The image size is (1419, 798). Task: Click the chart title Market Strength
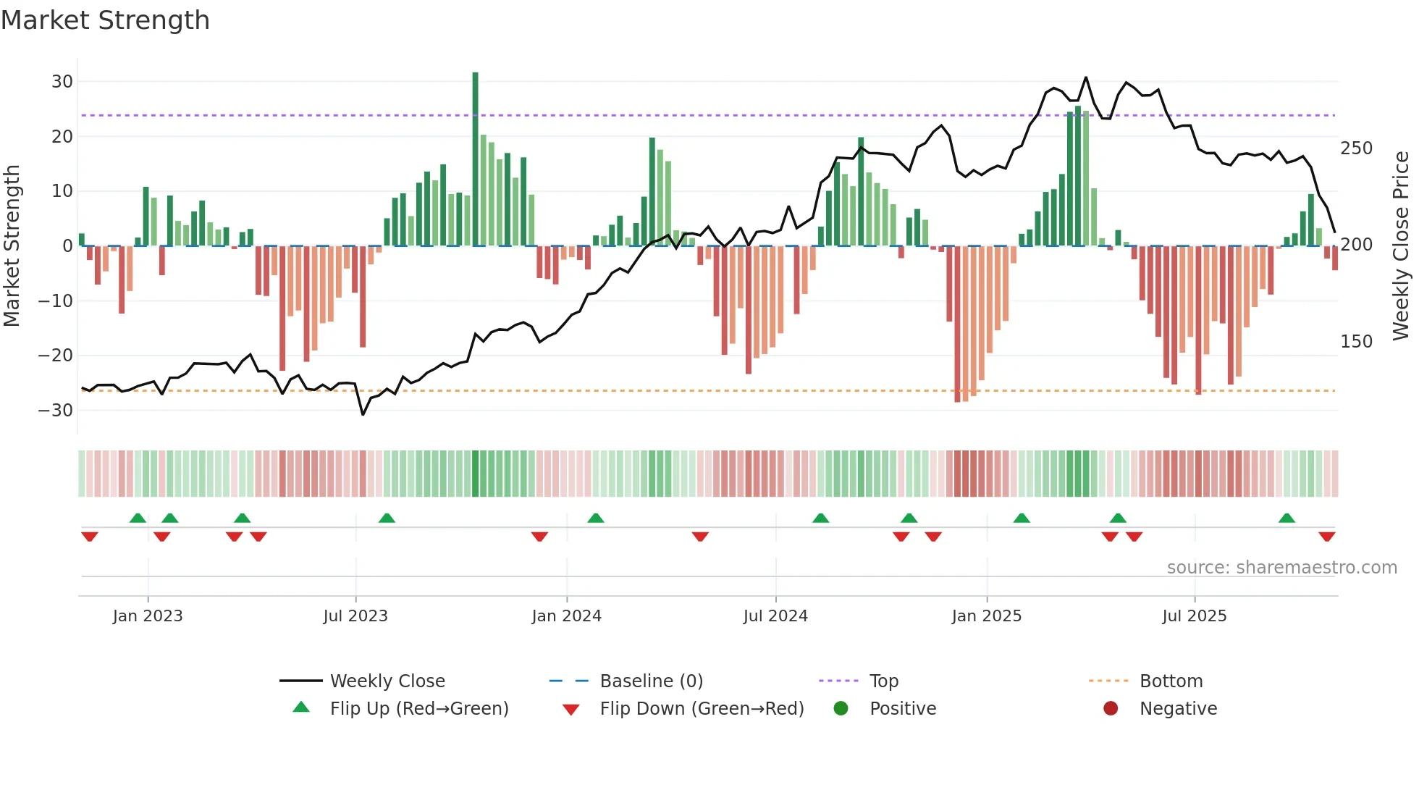coord(105,20)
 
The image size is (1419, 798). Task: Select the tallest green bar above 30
coord(475,159)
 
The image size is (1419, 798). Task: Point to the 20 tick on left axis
coord(62,136)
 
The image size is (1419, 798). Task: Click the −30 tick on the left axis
coord(56,411)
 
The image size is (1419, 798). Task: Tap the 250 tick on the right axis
coord(1356,148)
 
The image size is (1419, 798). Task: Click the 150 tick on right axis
coord(1356,342)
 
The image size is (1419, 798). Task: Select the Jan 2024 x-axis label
coord(566,616)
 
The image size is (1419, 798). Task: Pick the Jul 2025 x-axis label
coord(1194,616)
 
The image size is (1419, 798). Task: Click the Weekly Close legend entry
coord(387,681)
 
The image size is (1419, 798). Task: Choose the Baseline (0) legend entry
coord(651,681)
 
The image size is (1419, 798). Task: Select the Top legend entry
coord(883,681)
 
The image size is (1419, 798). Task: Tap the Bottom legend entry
coord(1171,681)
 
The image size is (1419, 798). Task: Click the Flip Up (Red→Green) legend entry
coord(418,709)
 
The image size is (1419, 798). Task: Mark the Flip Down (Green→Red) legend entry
coord(701,709)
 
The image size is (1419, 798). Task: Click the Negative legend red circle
coord(1110,709)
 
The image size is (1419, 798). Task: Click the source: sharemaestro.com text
coord(1281,568)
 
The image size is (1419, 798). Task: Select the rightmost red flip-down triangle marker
coord(1326,537)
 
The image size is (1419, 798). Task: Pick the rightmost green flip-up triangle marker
coord(1287,518)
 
